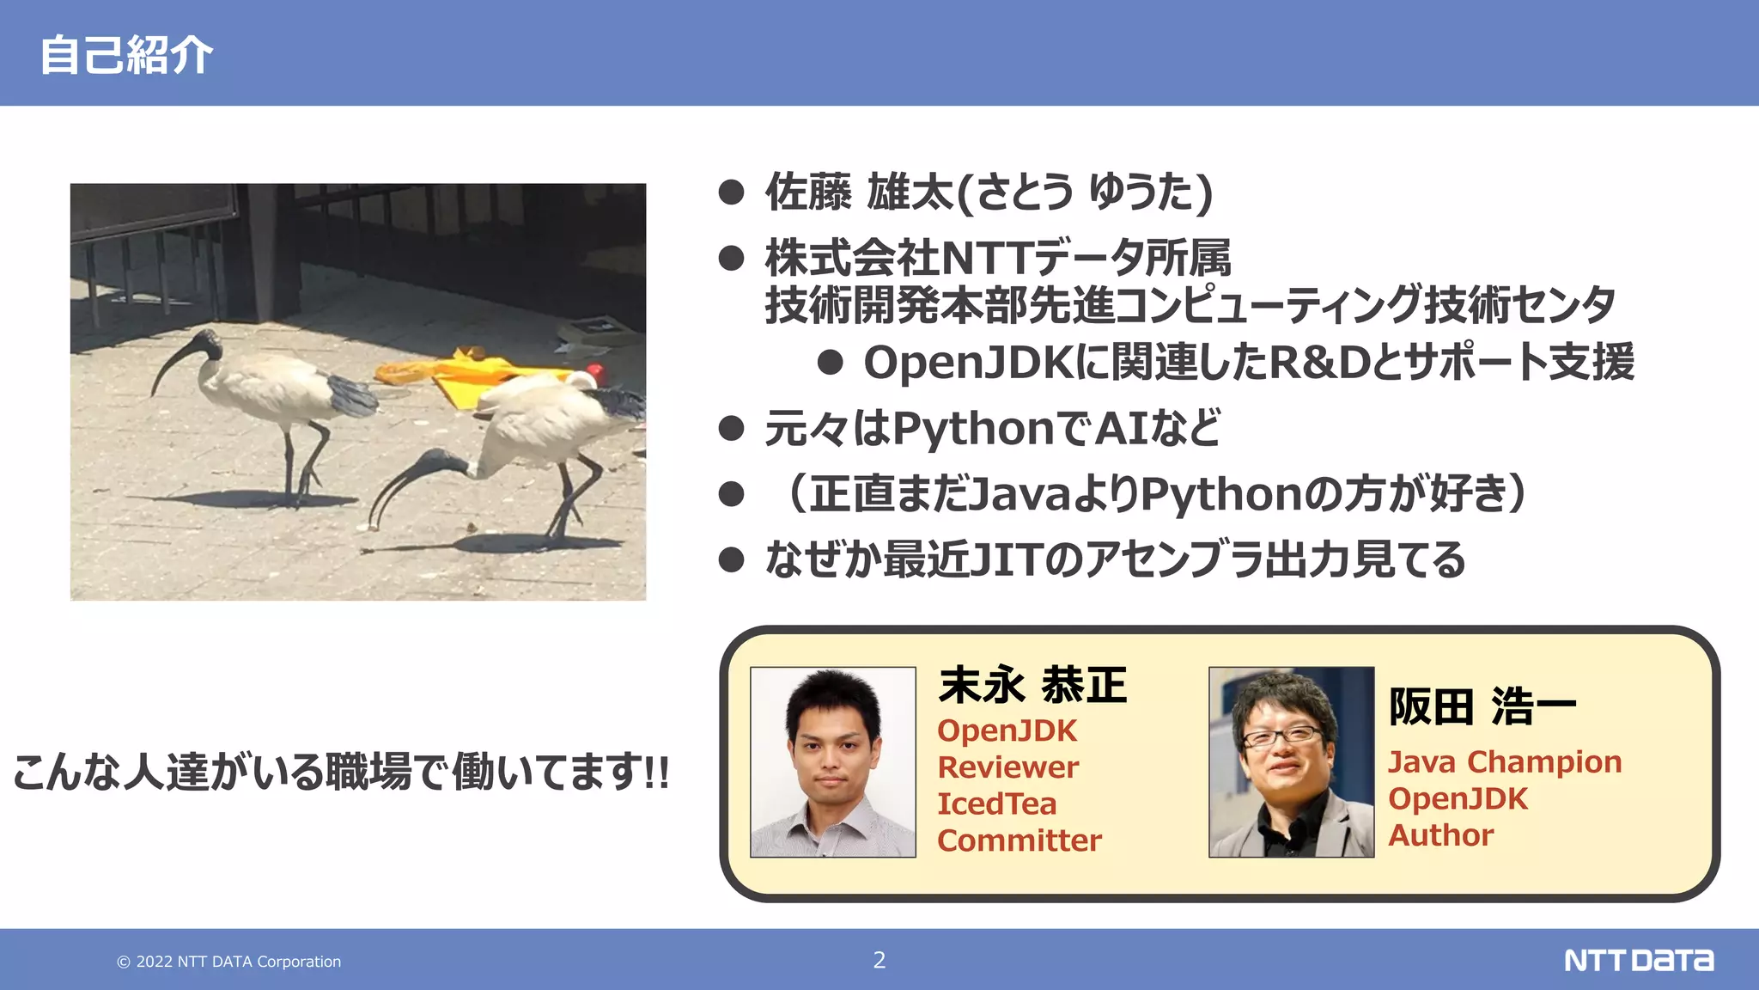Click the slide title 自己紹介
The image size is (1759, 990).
[x=126, y=56]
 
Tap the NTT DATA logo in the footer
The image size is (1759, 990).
[x=1638, y=960]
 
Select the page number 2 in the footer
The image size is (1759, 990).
[x=879, y=960]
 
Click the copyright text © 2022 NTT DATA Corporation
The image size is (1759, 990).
[x=229, y=962]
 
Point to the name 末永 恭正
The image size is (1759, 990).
[x=1032, y=686]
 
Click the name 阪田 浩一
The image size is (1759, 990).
[x=1482, y=707]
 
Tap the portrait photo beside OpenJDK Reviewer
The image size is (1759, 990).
[x=832, y=761]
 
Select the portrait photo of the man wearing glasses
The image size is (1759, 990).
[x=1291, y=761]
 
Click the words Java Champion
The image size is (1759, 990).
[x=1505, y=762]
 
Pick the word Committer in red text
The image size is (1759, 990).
[x=1019, y=840]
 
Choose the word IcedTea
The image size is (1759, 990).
[x=996, y=804]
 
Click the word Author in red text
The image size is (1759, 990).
[x=1440, y=835]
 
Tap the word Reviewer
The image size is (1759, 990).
[x=1007, y=767]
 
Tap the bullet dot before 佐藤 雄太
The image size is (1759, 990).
[x=731, y=192]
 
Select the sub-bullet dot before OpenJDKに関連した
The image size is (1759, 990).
[x=830, y=362]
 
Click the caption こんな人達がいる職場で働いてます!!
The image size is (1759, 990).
[x=341, y=771]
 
